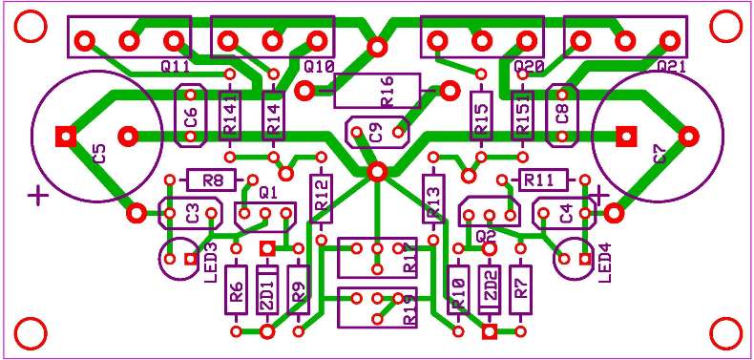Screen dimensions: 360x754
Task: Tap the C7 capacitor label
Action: pos(660,154)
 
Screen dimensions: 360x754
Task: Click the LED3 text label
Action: pos(210,260)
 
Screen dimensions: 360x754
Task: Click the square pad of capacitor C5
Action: pos(65,136)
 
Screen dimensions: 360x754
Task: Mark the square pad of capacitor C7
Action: pos(626,136)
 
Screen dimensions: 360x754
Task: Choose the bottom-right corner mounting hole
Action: pos(725,334)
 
